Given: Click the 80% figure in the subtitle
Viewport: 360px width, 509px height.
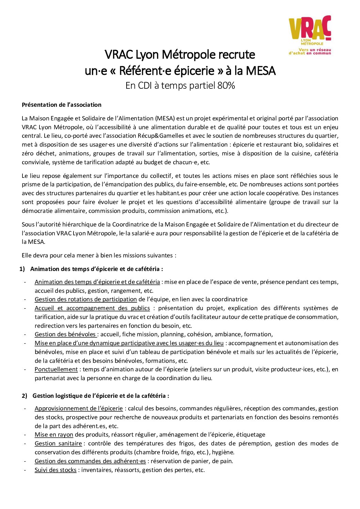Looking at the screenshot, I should point(226,85).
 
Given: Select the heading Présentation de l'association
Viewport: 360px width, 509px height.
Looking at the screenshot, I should point(62,105).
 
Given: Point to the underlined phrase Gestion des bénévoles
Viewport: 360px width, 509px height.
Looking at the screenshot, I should point(65,334).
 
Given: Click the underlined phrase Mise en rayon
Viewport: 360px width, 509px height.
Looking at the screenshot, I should point(54,435).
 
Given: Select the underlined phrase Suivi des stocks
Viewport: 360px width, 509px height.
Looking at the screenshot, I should point(55,470).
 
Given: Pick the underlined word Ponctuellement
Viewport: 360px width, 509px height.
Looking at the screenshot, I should point(56,369).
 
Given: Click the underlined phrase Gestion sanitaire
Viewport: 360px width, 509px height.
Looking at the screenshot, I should point(58,443).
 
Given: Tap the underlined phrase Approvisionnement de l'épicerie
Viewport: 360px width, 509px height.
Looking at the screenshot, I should point(79,408).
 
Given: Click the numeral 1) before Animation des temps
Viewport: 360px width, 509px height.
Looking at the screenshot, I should point(22,269).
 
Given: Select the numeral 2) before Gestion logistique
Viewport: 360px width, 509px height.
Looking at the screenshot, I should point(24,396).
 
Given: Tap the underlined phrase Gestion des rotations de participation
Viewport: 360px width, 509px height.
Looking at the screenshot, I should point(86,299).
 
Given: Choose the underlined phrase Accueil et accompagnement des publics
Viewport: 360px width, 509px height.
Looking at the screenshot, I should point(92,308).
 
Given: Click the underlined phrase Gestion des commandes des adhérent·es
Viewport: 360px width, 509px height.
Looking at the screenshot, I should point(90,461).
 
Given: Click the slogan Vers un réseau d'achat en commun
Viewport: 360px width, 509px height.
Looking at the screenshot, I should point(310,52).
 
